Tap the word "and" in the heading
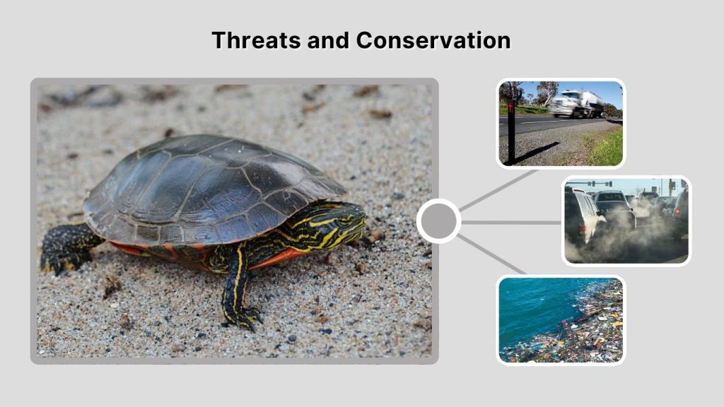coord(328,40)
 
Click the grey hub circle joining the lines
coord(439,221)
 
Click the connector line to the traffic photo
coord(511,222)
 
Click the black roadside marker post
coord(511,131)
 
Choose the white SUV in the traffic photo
coord(583,216)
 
